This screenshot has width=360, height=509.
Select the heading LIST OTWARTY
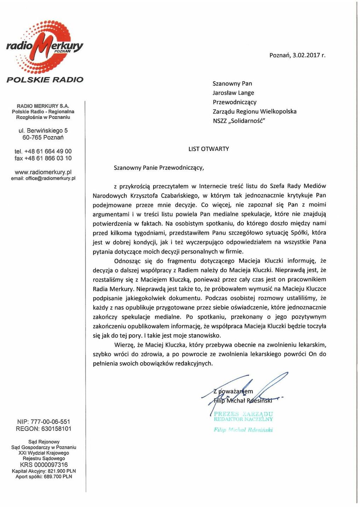209,149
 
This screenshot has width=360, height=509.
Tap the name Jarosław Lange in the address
233,93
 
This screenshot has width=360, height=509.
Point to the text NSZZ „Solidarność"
239,121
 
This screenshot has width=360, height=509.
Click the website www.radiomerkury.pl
43,172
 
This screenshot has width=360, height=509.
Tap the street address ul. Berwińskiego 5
43,131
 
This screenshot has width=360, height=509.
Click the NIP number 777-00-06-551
51,422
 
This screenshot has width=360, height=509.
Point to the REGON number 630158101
56,429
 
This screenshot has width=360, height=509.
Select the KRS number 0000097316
52,465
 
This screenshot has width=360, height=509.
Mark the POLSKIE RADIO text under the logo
45,80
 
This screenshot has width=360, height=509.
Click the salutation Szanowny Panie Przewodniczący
159,168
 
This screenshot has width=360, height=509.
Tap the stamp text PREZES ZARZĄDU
243,414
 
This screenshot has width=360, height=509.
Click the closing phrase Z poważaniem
233,391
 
